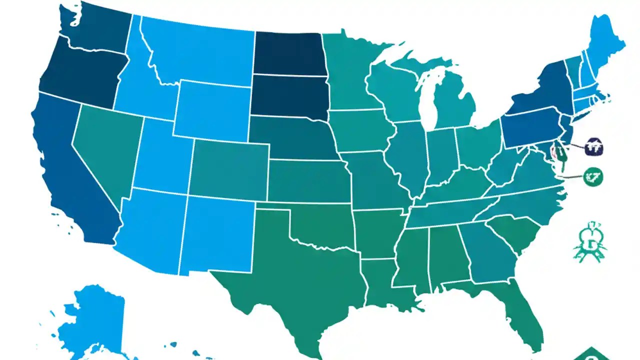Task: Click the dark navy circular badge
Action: [x=593, y=147]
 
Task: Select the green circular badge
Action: [x=593, y=176]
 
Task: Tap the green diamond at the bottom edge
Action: [x=591, y=355]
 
